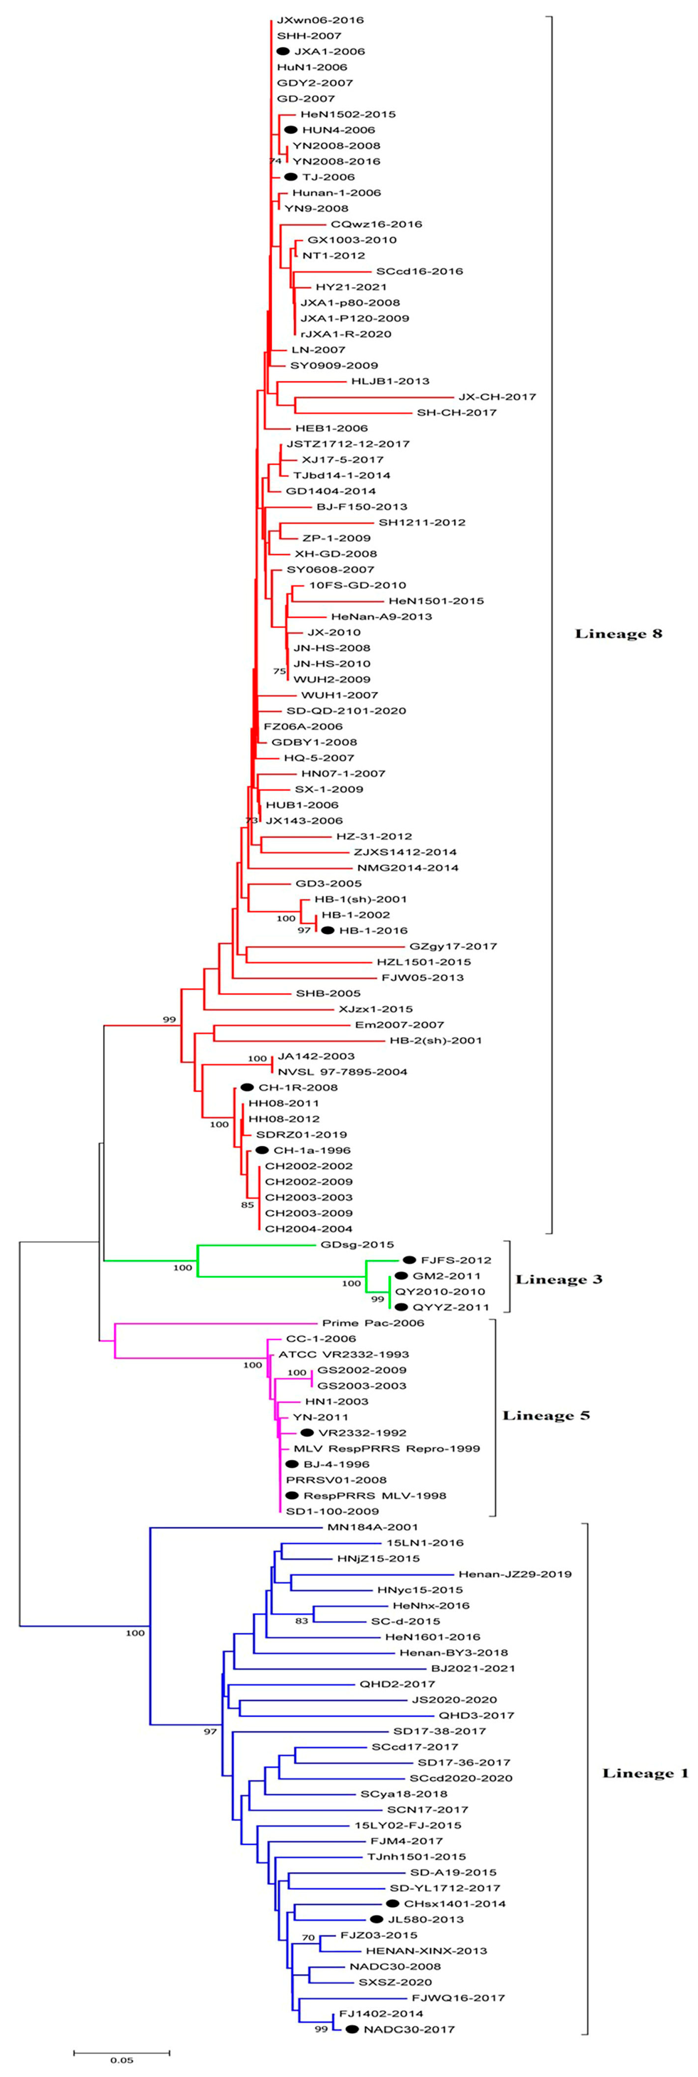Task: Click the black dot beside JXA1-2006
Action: point(283,51)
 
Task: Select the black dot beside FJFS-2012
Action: point(409,1260)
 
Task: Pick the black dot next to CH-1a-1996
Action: point(262,1150)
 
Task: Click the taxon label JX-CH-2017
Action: point(497,397)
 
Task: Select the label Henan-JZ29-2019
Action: point(515,1574)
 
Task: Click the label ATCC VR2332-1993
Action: point(343,1355)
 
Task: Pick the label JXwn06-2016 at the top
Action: point(309,19)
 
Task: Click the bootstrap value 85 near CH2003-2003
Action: point(247,1204)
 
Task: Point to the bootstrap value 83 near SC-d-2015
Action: point(301,1621)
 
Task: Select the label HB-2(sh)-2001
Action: point(435,1040)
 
